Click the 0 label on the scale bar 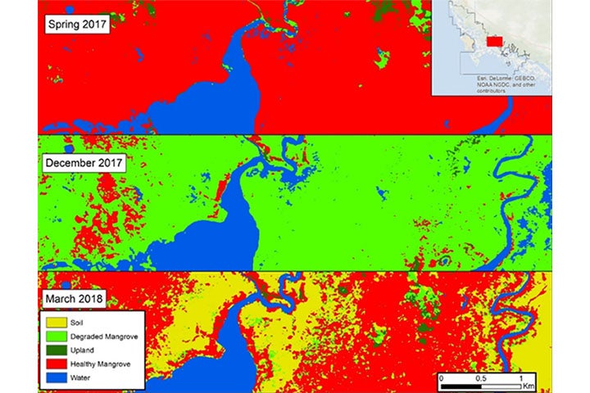(x=441, y=378)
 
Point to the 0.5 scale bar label (x=481, y=378)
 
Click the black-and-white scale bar (x=481, y=385)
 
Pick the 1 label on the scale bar (x=521, y=378)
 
